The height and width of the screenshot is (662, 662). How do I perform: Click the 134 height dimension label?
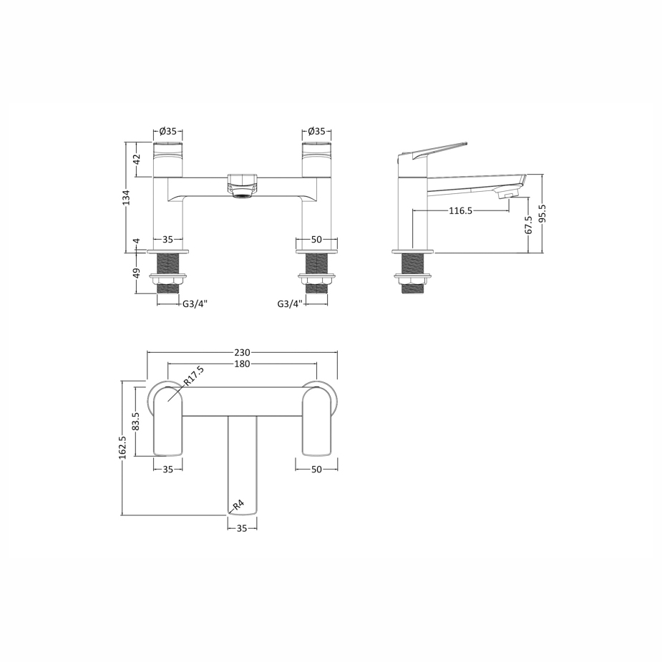point(126,198)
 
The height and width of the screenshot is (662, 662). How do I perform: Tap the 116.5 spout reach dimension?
point(460,210)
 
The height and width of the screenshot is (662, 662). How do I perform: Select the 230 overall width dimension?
point(242,352)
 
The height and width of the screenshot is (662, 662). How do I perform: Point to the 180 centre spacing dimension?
point(242,364)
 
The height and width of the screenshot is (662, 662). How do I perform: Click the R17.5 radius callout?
point(194,376)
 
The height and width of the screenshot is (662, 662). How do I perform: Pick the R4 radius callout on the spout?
point(238,505)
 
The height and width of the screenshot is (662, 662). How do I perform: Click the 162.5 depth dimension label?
point(122,447)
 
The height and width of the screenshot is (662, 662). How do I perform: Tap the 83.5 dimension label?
point(135,422)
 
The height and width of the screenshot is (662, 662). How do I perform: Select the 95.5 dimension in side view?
point(542,213)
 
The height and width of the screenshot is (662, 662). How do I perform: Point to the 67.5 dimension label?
point(528,225)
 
